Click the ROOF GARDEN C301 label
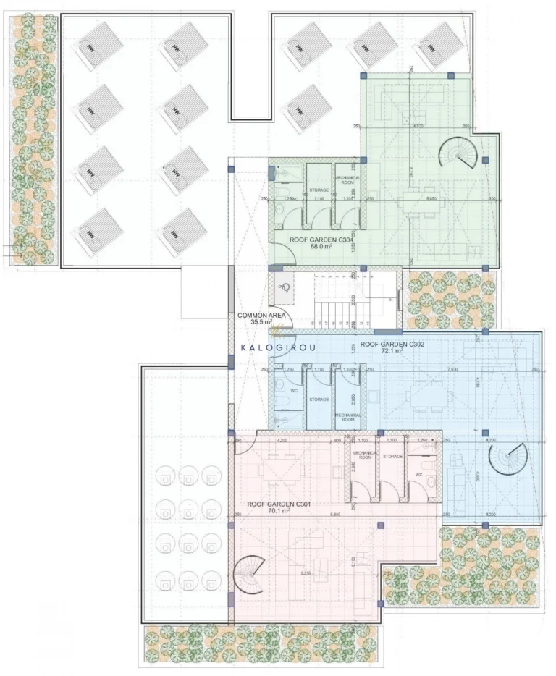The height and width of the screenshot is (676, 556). tap(269, 503)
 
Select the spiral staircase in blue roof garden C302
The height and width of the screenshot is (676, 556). tap(507, 458)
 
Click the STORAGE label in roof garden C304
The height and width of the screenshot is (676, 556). tap(319, 190)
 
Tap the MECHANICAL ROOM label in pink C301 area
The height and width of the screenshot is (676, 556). tap(362, 455)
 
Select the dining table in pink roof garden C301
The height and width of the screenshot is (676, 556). tap(279, 469)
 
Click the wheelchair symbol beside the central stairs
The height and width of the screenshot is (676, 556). tap(285, 288)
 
